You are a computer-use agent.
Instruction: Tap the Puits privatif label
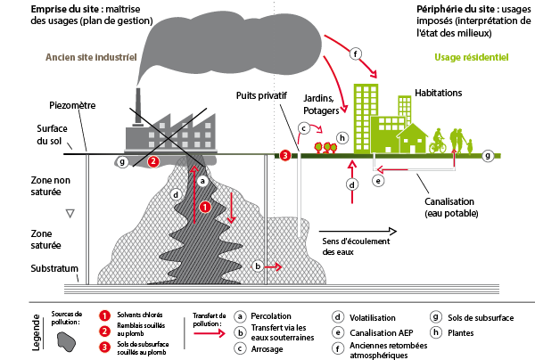(265, 94)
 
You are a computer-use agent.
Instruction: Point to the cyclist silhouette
(437, 141)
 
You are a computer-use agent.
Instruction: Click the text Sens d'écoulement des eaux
(350, 245)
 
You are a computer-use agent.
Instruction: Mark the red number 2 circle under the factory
(153, 161)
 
